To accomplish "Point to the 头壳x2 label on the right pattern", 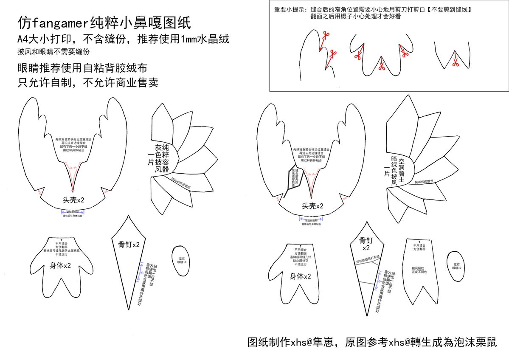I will (x=312, y=206).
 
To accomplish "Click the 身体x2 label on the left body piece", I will (x=58, y=266).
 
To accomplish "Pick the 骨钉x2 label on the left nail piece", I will (x=129, y=245).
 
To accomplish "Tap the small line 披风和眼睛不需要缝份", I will (x=53, y=51).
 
